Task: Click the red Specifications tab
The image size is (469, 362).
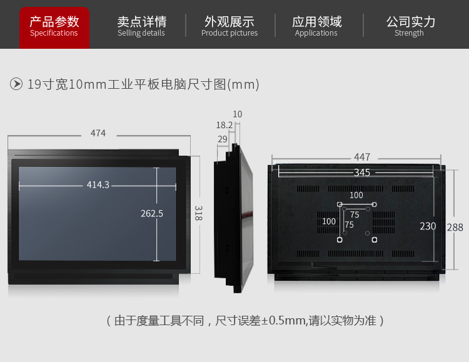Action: click(x=54, y=28)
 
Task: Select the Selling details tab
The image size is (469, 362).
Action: click(x=141, y=26)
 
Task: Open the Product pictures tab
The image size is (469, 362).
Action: click(x=229, y=26)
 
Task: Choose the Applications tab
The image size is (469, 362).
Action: click(x=316, y=26)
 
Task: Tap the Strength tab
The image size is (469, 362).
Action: click(x=410, y=26)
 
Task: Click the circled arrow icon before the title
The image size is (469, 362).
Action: click(x=16, y=84)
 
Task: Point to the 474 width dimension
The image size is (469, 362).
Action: click(x=98, y=133)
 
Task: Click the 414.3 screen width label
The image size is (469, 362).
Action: click(x=98, y=185)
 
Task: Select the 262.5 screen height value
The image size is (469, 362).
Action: click(x=152, y=214)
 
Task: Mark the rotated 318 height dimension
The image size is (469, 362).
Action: click(x=199, y=213)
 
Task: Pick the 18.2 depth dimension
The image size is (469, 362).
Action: click(x=224, y=125)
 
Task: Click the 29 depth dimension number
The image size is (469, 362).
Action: click(x=223, y=139)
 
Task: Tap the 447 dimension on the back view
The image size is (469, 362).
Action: click(x=362, y=157)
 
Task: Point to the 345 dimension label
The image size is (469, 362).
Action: click(x=362, y=173)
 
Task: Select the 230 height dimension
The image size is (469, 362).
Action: click(x=428, y=226)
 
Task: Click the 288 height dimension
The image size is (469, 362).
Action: click(x=455, y=228)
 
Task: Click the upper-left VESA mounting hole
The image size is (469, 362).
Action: click(x=340, y=204)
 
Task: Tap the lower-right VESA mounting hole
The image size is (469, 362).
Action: click(x=374, y=239)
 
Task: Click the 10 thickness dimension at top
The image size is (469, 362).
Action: click(x=238, y=114)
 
